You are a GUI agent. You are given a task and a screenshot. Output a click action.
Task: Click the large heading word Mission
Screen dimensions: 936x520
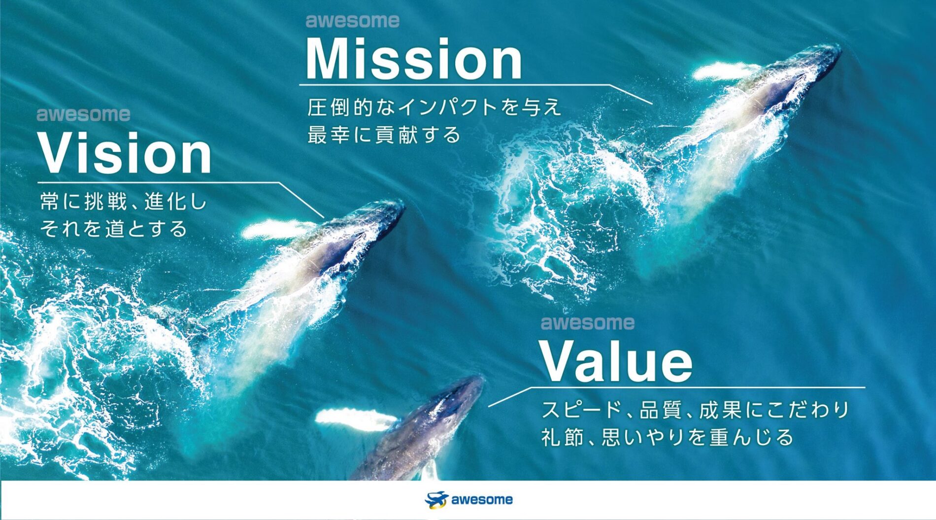(x=414, y=59)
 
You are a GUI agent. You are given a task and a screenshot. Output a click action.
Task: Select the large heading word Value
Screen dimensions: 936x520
(x=617, y=360)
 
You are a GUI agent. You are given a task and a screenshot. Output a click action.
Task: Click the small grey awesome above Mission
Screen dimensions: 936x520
(x=352, y=21)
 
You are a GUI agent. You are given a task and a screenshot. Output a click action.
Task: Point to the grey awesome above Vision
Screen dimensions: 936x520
(x=83, y=114)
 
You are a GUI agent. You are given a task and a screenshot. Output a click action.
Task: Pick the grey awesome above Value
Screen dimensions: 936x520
(x=588, y=323)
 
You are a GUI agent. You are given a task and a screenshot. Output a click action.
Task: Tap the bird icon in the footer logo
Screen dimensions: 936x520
(x=436, y=500)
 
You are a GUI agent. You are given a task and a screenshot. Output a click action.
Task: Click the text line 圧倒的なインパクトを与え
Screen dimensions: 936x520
(x=435, y=107)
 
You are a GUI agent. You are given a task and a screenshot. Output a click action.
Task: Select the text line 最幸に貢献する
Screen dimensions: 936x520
(x=384, y=135)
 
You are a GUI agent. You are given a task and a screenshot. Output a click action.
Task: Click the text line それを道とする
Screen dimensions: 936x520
(x=113, y=229)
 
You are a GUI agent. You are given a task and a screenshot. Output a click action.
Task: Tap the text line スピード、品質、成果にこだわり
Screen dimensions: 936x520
(x=695, y=410)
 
